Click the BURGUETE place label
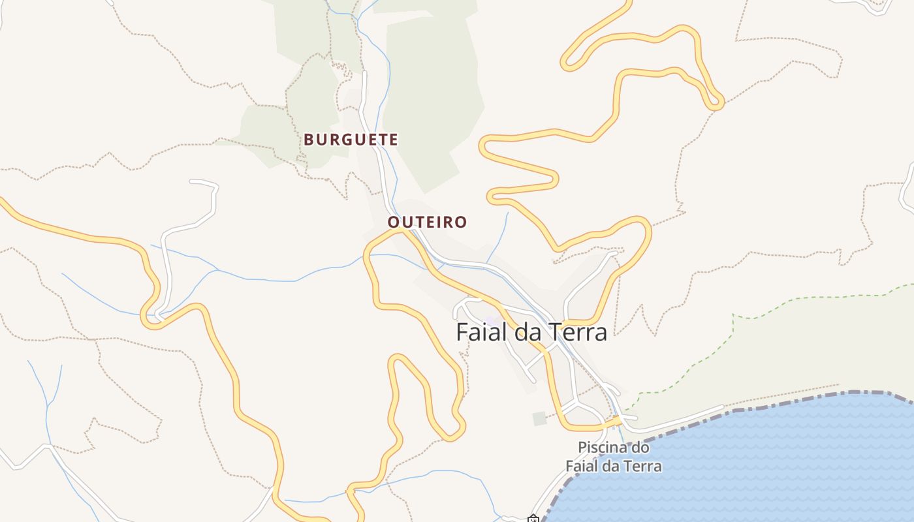[x=351, y=140]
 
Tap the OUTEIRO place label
[x=428, y=223]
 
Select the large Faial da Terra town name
[x=531, y=332]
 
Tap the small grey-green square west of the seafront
[x=539, y=419]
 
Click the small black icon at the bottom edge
[x=533, y=519]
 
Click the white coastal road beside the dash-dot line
[x=685, y=418]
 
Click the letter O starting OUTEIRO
[x=393, y=223]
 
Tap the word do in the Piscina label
[x=642, y=448]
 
